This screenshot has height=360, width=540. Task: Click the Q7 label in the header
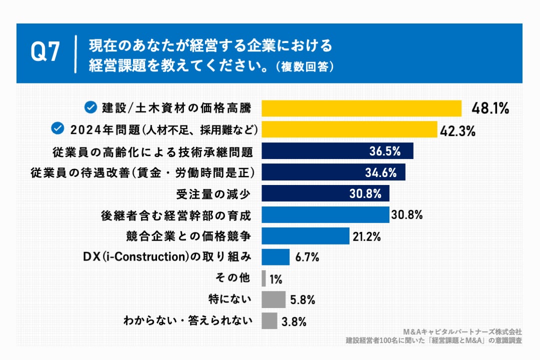(45, 52)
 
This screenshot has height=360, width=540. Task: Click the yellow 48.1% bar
(361, 108)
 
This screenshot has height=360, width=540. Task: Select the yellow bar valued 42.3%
(349, 129)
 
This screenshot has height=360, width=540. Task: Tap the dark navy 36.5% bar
(337, 151)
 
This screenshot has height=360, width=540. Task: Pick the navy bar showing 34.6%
(333, 172)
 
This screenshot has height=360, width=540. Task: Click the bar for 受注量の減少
(325, 193)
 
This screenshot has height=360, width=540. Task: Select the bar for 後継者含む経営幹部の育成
(325, 215)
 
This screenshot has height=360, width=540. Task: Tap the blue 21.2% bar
(305, 236)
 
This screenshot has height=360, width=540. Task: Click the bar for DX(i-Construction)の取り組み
(275, 257)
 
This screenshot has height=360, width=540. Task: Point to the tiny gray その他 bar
(263, 278)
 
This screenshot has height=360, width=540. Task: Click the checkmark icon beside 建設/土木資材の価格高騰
(90, 107)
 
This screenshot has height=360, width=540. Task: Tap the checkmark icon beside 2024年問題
(58, 129)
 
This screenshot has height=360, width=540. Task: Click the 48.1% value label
(490, 108)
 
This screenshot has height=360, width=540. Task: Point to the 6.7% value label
(307, 257)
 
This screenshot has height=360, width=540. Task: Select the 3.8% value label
(293, 321)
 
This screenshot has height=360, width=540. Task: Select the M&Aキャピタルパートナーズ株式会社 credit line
(462, 331)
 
